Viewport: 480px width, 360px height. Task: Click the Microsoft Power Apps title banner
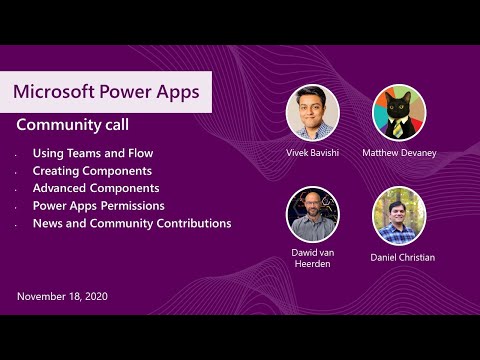(106, 91)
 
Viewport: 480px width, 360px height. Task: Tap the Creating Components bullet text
(95, 171)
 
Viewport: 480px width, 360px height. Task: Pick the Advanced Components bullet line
(96, 188)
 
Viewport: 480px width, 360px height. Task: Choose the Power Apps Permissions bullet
(103, 206)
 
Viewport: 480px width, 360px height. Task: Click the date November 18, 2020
(62, 296)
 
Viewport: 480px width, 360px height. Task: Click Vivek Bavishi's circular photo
(313, 112)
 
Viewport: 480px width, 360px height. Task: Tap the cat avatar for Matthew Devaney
(399, 112)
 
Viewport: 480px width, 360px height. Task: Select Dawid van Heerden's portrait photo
(313, 214)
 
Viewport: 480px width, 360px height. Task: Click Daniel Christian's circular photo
(399, 214)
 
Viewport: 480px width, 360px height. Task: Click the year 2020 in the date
(94, 296)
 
